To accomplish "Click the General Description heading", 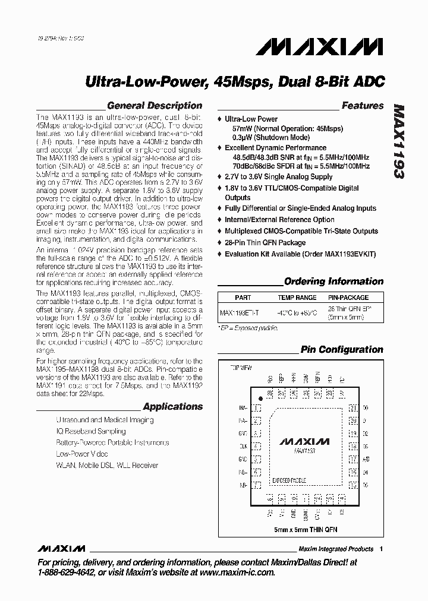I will (154, 106).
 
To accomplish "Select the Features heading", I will (362, 106).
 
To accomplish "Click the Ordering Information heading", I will (333, 281).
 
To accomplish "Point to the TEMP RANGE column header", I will (297, 298).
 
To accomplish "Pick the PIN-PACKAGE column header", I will (348, 298).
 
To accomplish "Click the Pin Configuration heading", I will (341, 350).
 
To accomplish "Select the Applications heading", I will (172, 407).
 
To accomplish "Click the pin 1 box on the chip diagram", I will (257, 408).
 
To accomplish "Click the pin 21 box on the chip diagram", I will (353, 408).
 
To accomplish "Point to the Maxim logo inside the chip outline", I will (304, 442).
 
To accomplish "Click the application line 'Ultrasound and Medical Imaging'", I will (105, 420).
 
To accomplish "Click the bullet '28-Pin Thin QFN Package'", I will (265, 242).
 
